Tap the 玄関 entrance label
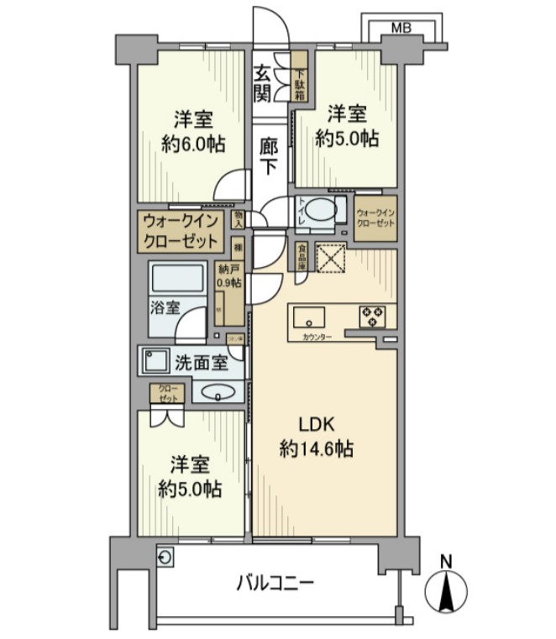[x=265, y=81]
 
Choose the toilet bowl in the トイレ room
[x=320, y=211]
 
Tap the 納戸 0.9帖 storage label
[x=228, y=276]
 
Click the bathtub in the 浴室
[x=177, y=277]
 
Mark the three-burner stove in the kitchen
[x=373, y=317]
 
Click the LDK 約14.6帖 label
[x=316, y=437]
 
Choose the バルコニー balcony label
[x=275, y=581]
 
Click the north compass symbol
[x=447, y=589]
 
